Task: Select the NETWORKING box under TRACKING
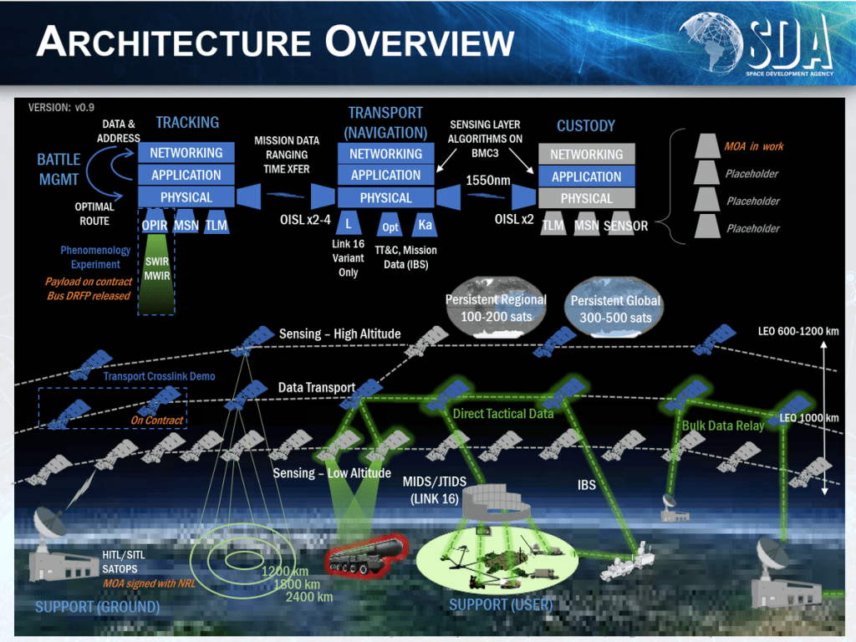point(186,153)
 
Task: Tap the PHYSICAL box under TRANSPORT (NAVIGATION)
point(385,198)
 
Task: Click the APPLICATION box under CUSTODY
point(586,176)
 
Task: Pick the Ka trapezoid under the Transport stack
point(425,225)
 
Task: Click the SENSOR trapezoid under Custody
point(626,226)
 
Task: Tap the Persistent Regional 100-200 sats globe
point(496,308)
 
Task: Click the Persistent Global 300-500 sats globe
point(616,308)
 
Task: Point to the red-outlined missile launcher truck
point(364,555)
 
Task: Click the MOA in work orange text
point(754,146)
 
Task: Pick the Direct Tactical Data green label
point(502,414)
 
